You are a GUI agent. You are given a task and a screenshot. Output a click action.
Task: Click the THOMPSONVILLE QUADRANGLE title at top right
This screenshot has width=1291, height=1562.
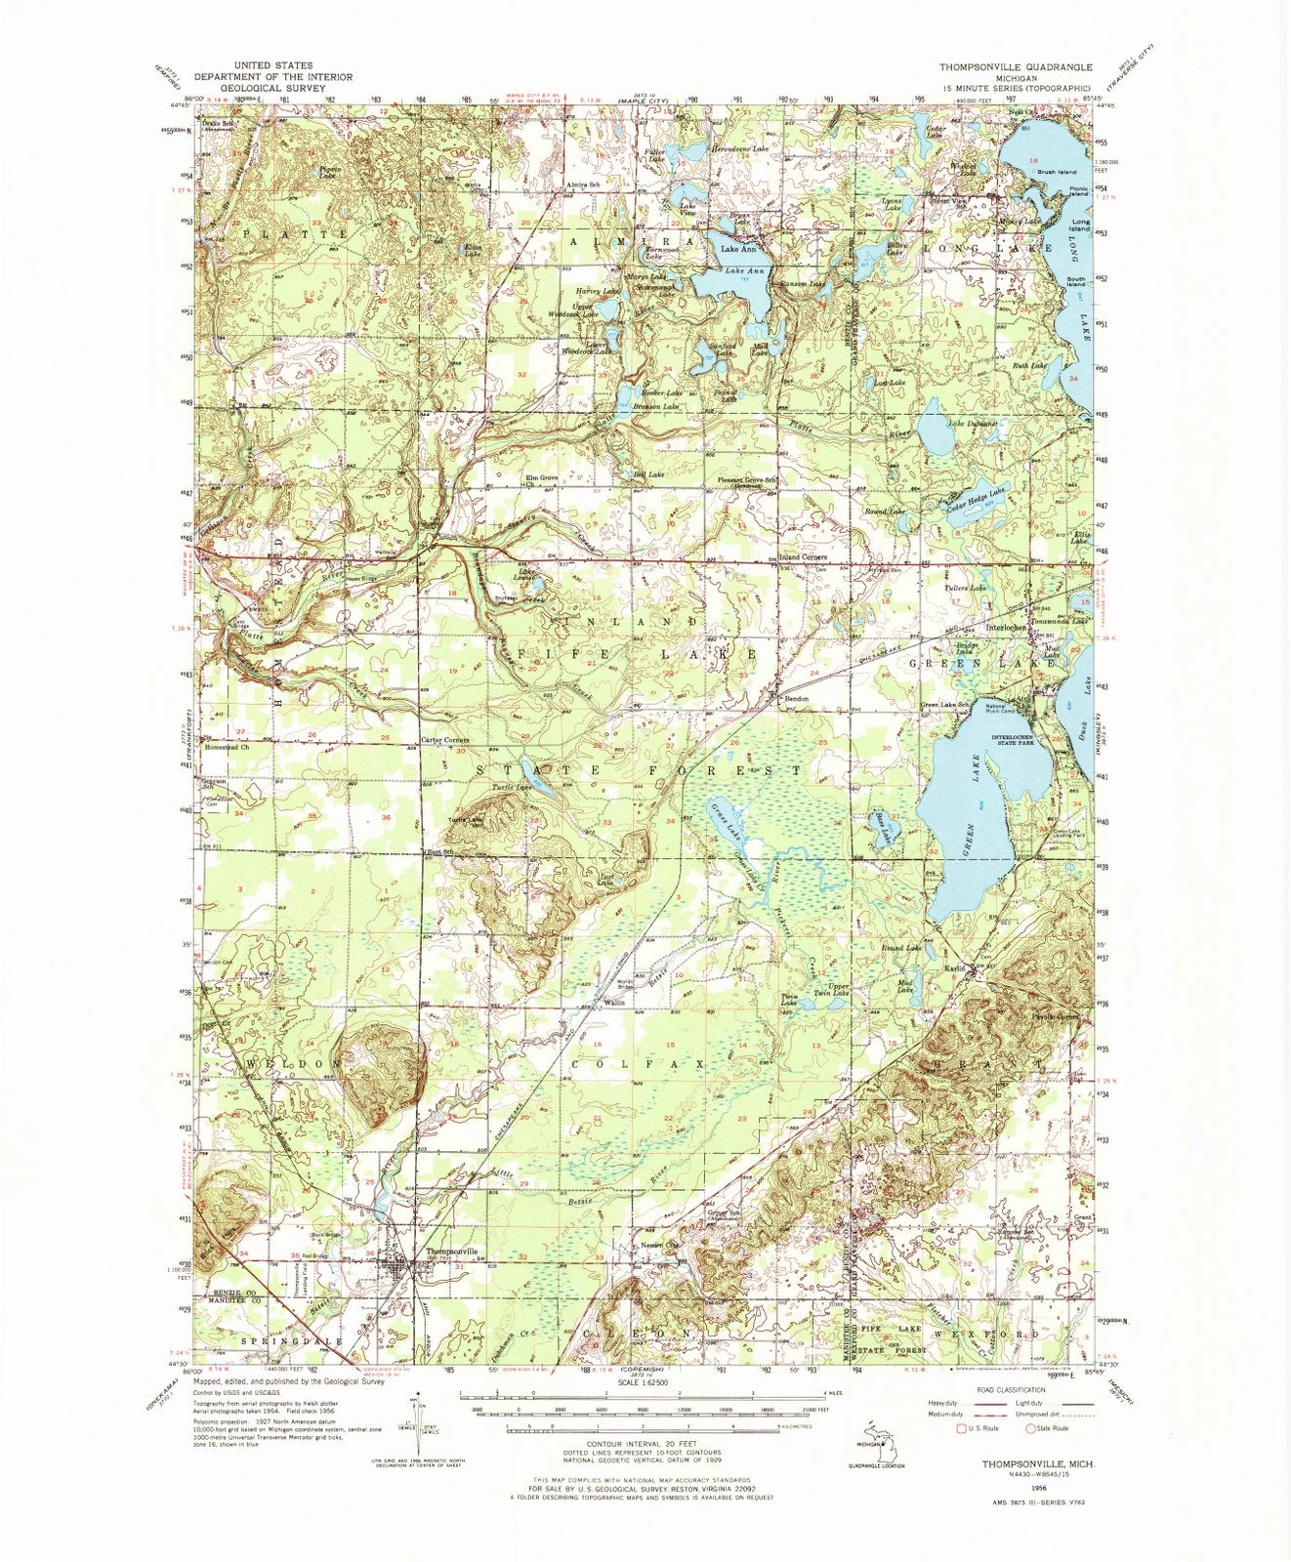(1016, 67)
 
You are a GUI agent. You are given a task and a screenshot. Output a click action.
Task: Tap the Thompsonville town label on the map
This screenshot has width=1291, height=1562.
(451, 1251)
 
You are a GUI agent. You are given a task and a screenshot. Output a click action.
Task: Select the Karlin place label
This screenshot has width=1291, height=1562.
(955, 968)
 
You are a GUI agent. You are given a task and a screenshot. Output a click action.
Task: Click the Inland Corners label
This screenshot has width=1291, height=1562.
(802, 556)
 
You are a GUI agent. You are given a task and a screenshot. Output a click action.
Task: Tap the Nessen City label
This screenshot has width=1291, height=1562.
(657, 1246)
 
